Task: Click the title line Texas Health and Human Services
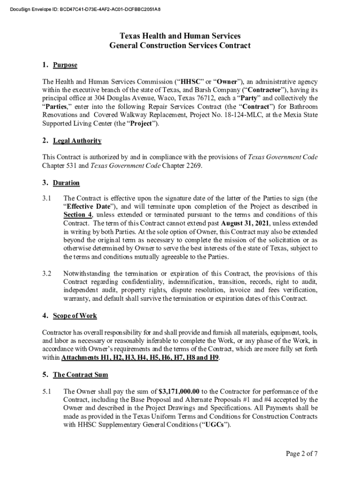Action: (180, 36)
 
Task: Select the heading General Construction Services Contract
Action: (180, 46)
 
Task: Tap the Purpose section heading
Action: (65, 65)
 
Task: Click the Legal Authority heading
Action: (77, 141)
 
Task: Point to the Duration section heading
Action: (66, 183)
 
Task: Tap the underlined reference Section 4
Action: (78, 215)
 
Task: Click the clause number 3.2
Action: (47, 274)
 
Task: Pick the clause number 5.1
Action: (47, 392)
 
